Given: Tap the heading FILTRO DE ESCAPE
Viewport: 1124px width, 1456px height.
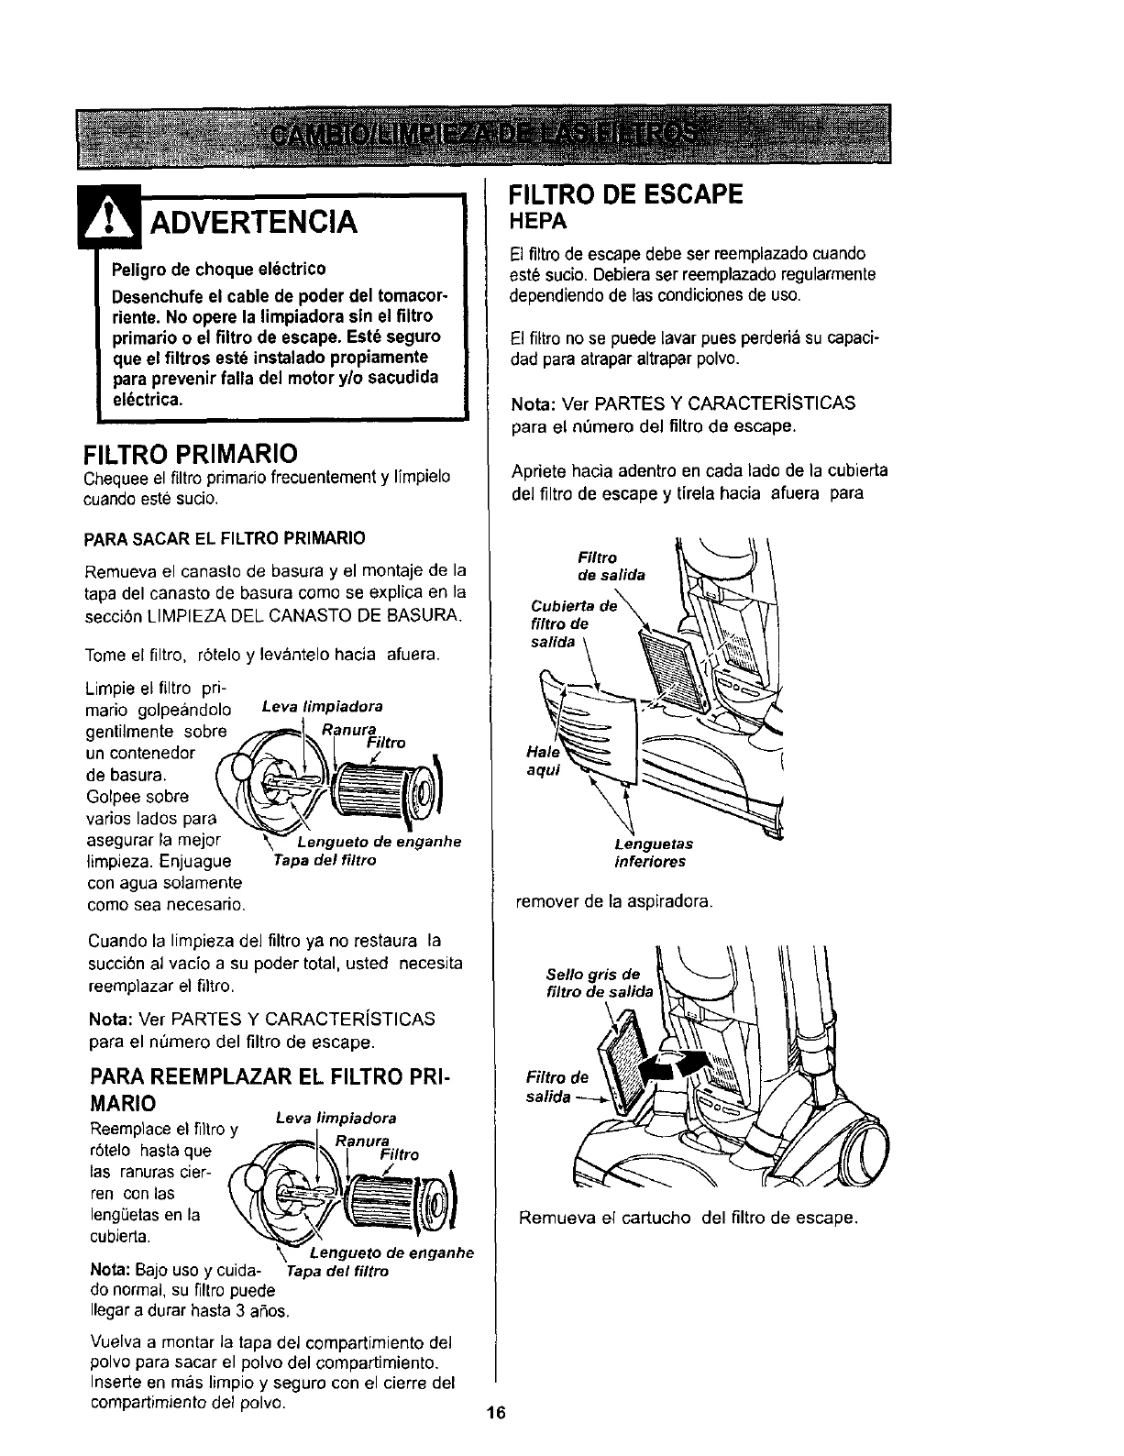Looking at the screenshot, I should [624, 196].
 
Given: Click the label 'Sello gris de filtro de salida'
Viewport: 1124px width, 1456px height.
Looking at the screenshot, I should [598, 982].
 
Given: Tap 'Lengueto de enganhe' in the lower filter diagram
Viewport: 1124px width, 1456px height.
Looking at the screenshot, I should [391, 1253].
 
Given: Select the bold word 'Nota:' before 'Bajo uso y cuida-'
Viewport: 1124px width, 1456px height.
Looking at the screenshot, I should [110, 1272].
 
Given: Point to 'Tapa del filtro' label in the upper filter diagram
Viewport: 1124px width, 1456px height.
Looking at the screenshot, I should [325, 861].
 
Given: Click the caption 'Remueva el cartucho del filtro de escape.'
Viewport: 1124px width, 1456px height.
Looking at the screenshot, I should [688, 1219].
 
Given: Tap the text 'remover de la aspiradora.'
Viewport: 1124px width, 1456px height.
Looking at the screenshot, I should [614, 901].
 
